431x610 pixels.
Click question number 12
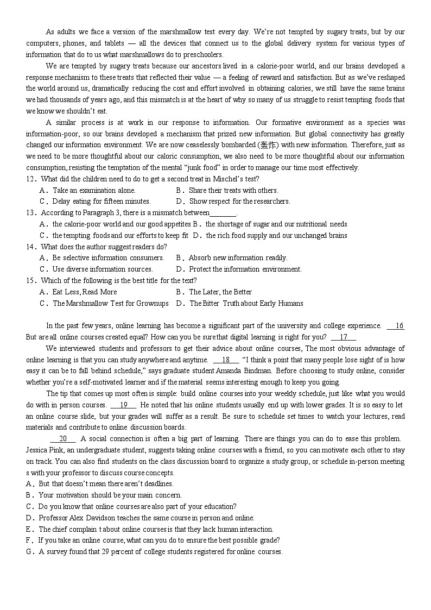(x=30, y=179)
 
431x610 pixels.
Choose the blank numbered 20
(x=63, y=438)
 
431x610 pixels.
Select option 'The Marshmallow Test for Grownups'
(x=110, y=303)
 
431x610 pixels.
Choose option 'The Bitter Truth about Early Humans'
(x=246, y=303)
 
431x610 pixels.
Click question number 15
(x=30, y=280)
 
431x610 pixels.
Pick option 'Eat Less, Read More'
(x=85, y=292)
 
